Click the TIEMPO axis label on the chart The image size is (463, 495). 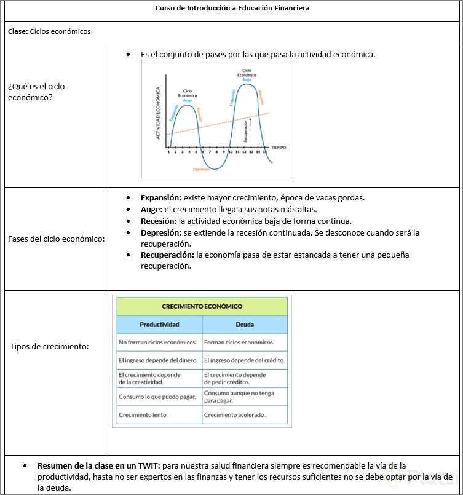coord(279,148)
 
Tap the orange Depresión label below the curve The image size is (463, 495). coord(201,169)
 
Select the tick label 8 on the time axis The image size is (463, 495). coord(216,151)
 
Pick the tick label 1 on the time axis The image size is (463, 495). coord(168,151)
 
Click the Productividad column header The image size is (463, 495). coord(159,324)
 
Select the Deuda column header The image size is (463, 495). coord(245,324)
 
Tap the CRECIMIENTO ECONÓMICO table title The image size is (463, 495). coord(202,306)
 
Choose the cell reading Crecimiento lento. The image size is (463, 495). coord(143,415)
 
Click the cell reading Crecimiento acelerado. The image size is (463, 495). coord(235,415)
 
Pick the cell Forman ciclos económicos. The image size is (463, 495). coord(239,343)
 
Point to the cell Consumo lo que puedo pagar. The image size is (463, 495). coord(157,397)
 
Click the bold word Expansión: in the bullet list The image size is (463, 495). coord(160,198)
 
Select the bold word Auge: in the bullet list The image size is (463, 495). coord(151,209)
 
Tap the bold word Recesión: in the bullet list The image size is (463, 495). coord(159,221)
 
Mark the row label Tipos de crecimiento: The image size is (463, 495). coord(49,347)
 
